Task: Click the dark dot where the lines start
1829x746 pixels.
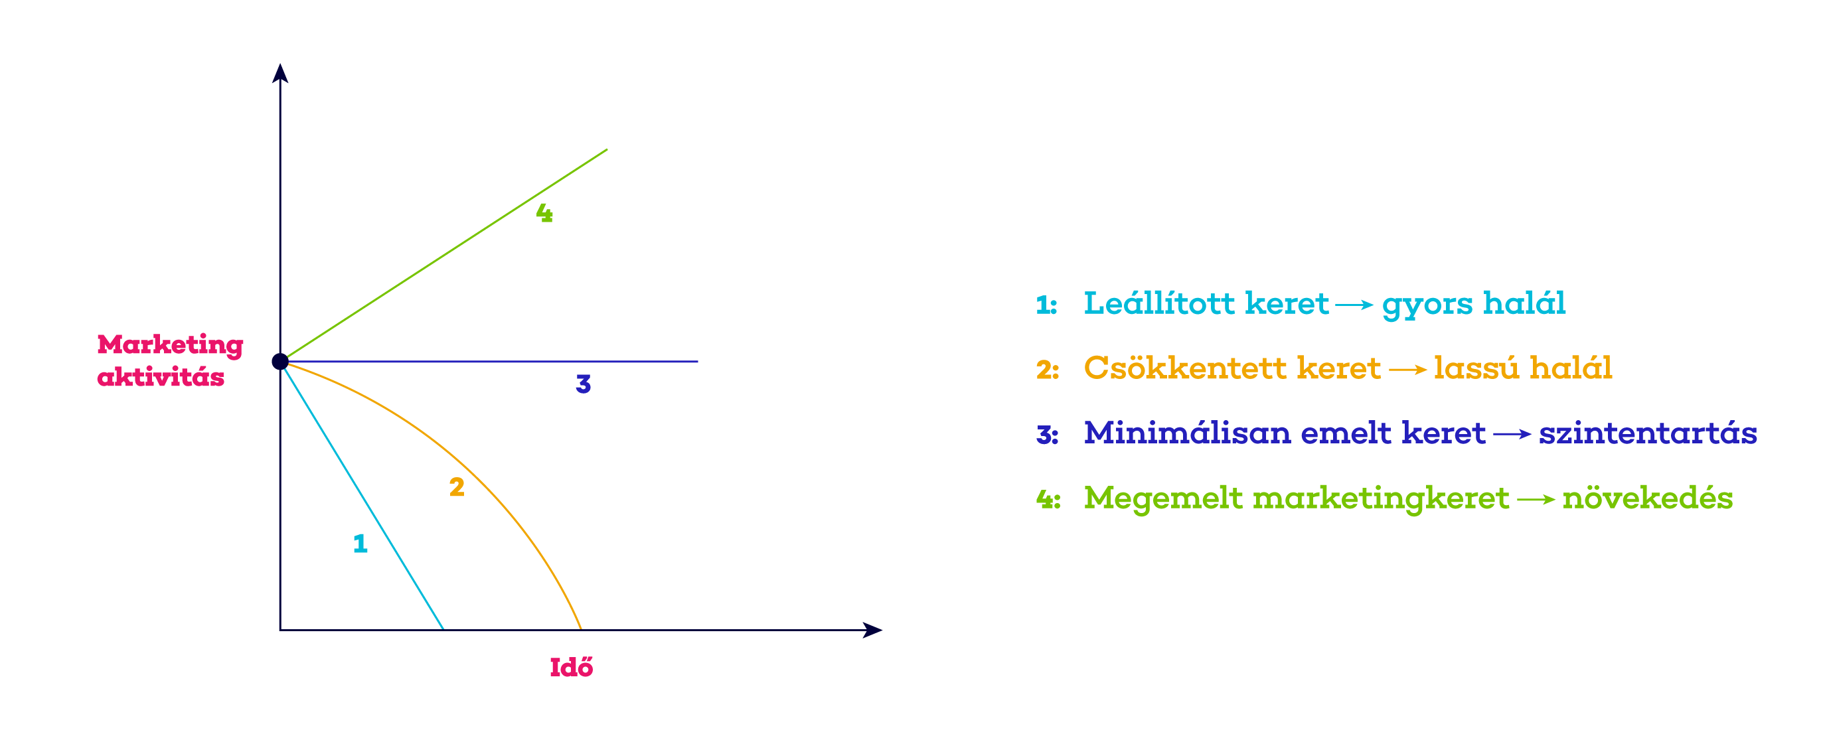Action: pyautogui.click(x=280, y=361)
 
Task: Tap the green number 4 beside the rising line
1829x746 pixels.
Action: pyautogui.click(x=544, y=212)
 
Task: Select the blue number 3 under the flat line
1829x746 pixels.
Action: pyautogui.click(x=584, y=384)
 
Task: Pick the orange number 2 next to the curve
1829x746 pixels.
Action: pyautogui.click(x=457, y=486)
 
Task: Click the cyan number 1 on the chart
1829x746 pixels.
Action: pyautogui.click(x=360, y=543)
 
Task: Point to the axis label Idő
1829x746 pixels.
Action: pyautogui.click(x=572, y=666)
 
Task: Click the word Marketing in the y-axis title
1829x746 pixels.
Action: pyautogui.click(x=171, y=346)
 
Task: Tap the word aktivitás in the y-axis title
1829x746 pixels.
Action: pyautogui.click(x=161, y=376)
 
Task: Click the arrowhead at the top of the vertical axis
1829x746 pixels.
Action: pyautogui.click(x=280, y=73)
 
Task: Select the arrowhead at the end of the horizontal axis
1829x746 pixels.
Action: pyautogui.click(x=872, y=630)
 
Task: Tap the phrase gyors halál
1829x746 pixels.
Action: pyautogui.click(x=1473, y=305)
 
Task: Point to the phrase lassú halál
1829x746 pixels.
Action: pyautogui.click(x=1523, y=368)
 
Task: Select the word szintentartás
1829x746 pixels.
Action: pyautogui.click(x=1648, y=433)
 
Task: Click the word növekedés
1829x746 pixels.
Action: pyautogui.click(x=1647, y=498)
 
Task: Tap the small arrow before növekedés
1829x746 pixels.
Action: pyautogui.click(x=1536, y=500)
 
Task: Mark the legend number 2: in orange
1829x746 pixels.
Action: pyautogui.click(x=1047, y=370)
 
